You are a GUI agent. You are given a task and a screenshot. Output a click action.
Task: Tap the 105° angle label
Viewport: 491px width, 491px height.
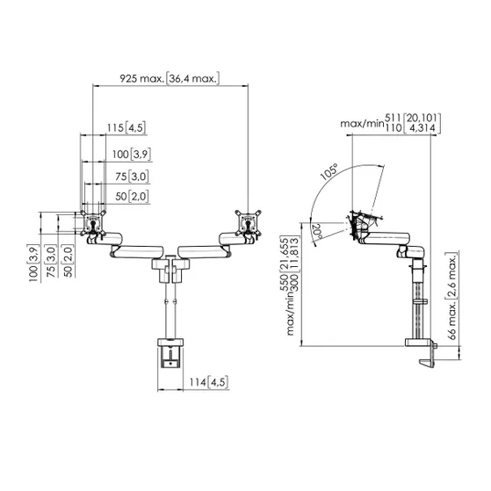329,172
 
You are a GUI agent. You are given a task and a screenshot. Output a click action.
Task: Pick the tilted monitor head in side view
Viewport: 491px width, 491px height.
359,222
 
